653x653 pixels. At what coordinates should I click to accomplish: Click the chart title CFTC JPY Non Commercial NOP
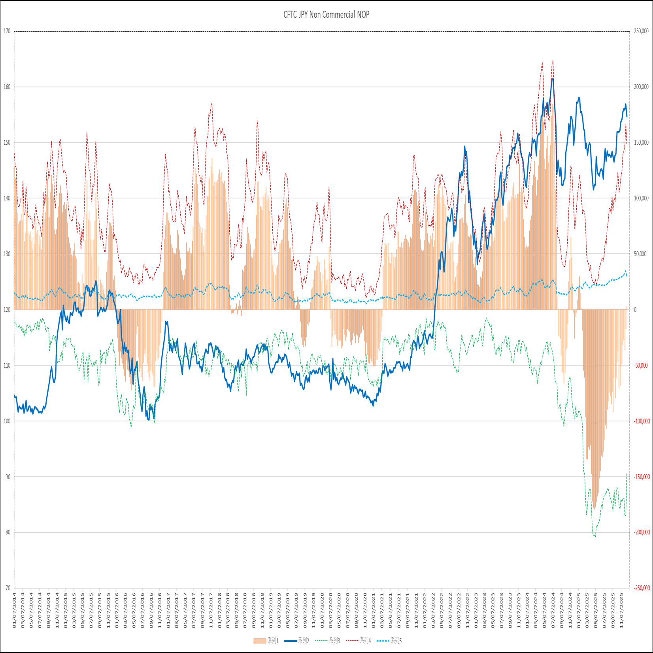[x=326, y=15]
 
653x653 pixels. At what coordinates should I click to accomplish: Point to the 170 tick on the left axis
[x=7, y=31]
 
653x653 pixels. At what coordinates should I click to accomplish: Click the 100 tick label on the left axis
[x=7, y=421]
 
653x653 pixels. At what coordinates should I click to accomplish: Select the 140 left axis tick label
[x=7, y=198]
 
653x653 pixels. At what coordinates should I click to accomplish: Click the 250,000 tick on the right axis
[x=641, y=31]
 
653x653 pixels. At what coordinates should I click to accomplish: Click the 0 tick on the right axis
[x=635, y=310]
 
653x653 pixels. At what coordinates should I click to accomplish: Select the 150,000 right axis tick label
[x=641, y=143]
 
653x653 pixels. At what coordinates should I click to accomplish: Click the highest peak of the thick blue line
[x=552, y=79]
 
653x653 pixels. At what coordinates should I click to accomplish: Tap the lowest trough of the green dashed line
[x=595, y=536]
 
